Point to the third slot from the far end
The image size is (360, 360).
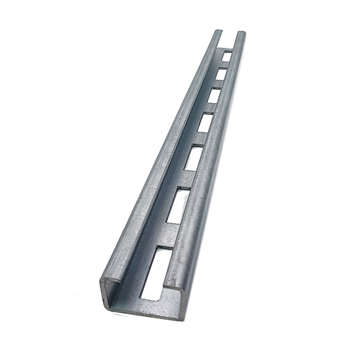tap(213, 95)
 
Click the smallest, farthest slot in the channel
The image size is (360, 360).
tap(226, 56)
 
